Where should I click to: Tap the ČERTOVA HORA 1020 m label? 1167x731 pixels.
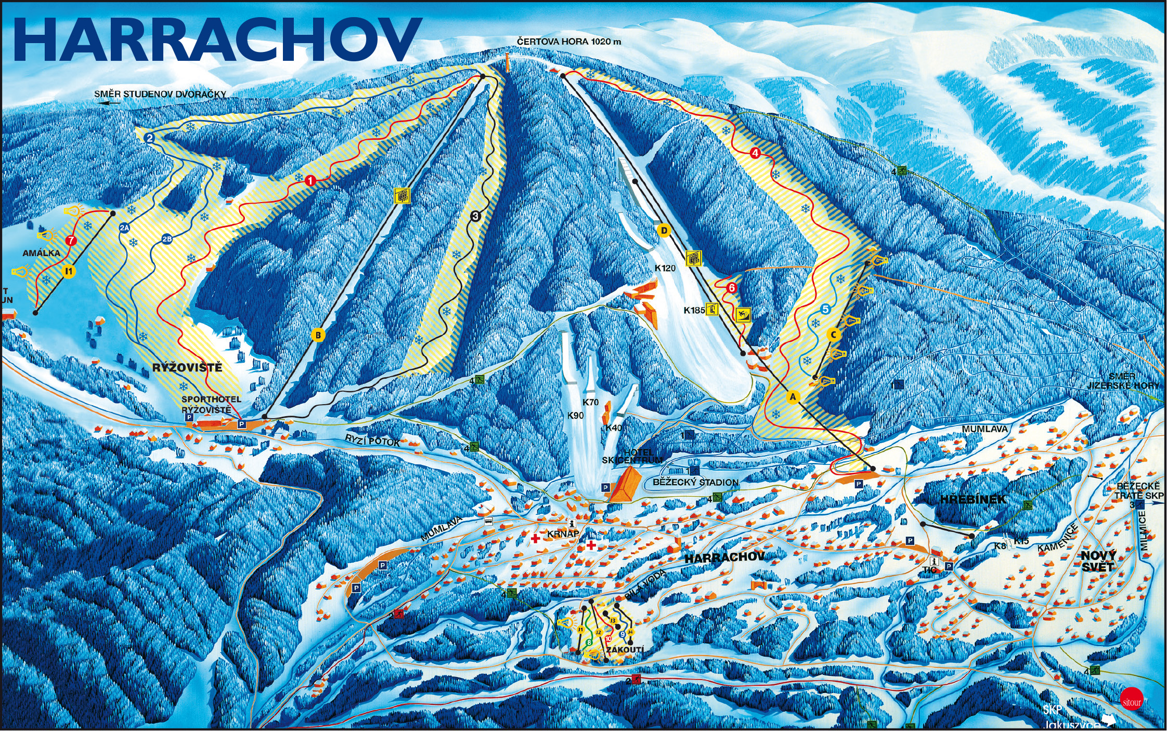point(569,41)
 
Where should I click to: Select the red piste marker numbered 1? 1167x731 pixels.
point(310,181)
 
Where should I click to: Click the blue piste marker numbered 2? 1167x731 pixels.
point(150,138)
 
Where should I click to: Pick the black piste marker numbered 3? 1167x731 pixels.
point(475,216)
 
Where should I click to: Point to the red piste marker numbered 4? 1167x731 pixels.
point(755,153)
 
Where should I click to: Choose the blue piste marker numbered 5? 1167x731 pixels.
point(825,310)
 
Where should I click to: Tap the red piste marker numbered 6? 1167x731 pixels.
point(732,287)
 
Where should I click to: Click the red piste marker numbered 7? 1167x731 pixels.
point(71,241)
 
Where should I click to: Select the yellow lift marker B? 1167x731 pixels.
point(318,335)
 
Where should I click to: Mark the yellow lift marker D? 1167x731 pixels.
point(664,230)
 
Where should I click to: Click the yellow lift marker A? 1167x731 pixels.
point(793,397)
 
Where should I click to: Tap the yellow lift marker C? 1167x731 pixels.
point(834,335)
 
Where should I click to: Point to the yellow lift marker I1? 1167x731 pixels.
point(69,271)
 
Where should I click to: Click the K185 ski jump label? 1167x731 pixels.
point(694,310)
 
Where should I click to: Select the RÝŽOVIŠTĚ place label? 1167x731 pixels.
point(187,368)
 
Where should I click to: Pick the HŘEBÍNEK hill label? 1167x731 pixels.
point(972,500)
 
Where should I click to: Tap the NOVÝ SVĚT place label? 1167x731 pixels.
point(1097,561)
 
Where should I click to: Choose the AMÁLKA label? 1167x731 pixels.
point(41,253)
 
